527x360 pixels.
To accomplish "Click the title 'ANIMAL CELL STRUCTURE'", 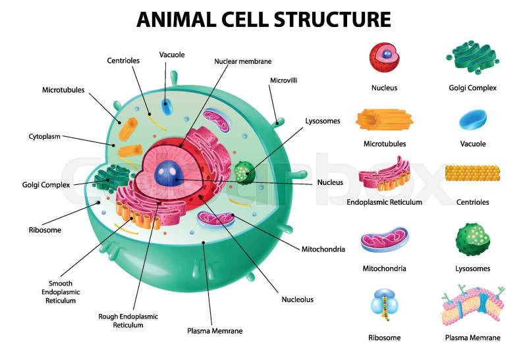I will click(x=263, y=18).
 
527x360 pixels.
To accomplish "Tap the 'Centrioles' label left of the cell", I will click(x=123, y=61).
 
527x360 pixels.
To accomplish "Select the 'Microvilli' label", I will click(x=284, y=80).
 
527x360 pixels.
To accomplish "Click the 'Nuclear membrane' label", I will click(x=242, y=61).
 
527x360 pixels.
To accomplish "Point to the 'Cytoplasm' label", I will click(x=44, y=137).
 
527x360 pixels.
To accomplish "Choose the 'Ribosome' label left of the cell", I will click(x=45, y=230).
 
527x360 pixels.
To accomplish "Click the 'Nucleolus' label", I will click(x=298, y=299).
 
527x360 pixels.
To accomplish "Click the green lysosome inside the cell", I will click(x=243, y=172).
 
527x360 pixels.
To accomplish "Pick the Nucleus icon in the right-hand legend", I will click(x=383, y=57).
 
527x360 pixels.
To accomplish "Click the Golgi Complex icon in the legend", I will click(x=472, y=59).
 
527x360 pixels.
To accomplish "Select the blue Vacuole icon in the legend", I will click(x=472, y=118).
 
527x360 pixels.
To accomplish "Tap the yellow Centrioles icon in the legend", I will click(x=472, y=174).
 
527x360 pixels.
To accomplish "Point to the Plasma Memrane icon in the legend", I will click(x=472, y=307).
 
